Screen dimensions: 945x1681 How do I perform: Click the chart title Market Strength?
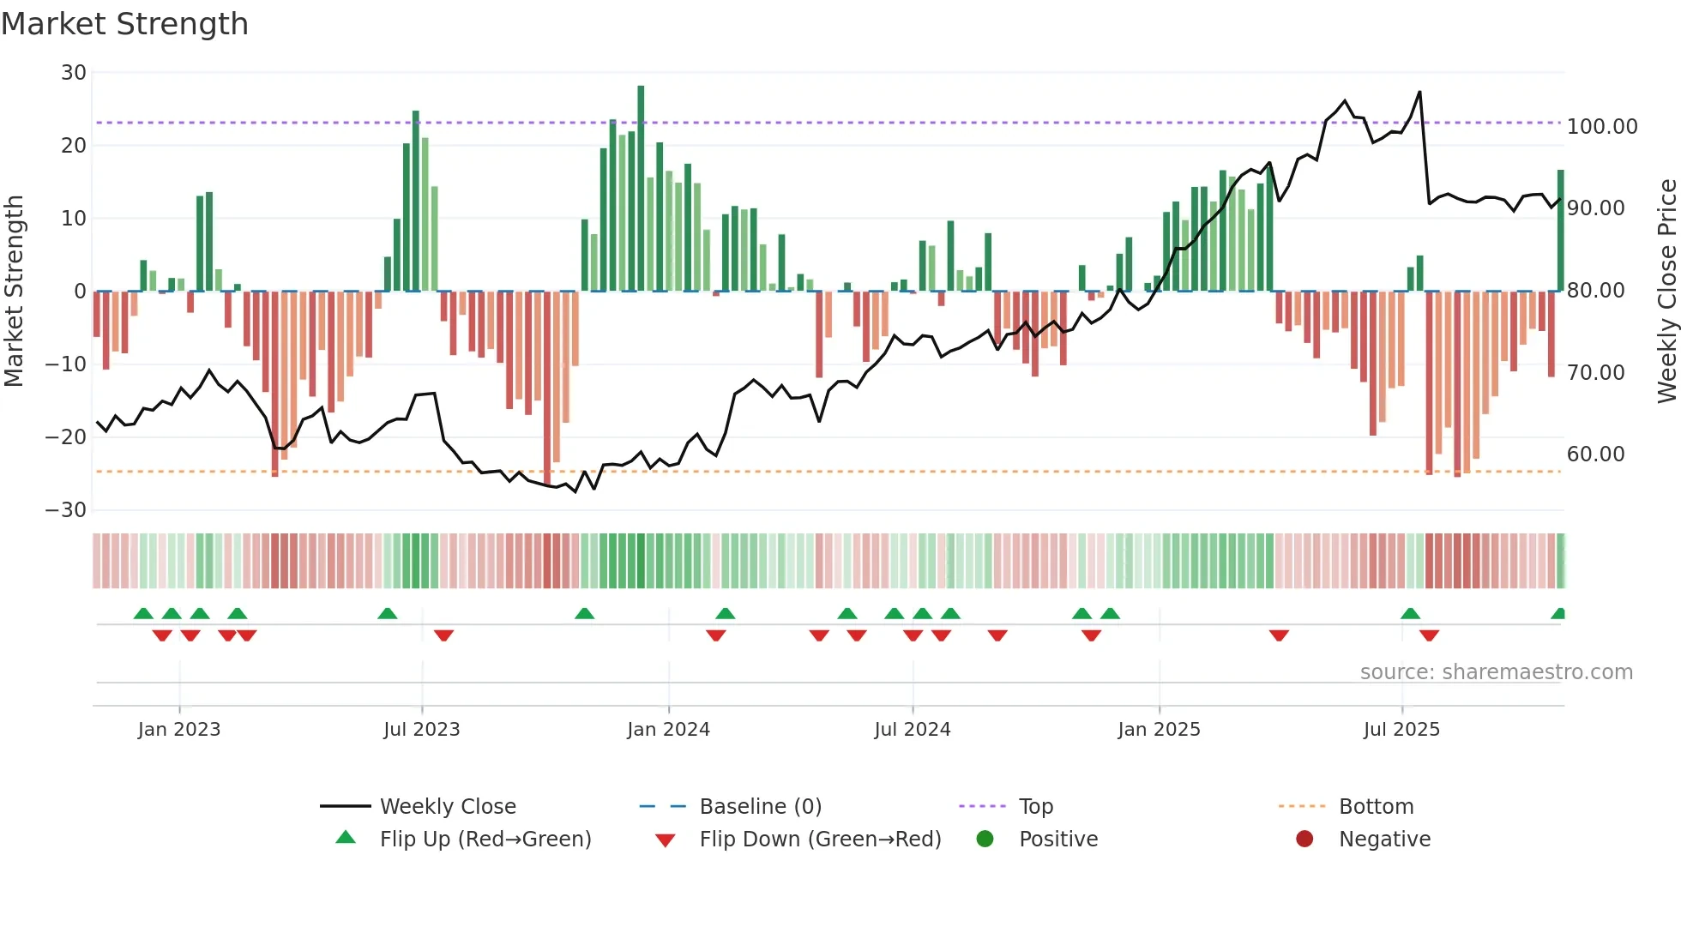click(x=124, y=24)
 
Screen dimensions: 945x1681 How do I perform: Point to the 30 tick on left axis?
click(x=74, y=73)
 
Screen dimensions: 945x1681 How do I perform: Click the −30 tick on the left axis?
click(x=67, y=510)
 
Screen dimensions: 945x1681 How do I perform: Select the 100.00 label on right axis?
click(x=1601, y=127)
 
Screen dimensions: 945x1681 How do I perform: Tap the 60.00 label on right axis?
click(x=1595, y=454)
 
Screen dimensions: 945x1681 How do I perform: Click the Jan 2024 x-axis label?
click(x=668, y=730)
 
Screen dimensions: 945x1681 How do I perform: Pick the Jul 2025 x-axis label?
click(x=1401, y=730)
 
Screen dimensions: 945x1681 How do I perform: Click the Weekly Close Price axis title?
click(x=1666, y=292)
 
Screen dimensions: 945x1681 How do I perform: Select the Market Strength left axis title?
click(x=15, y=292)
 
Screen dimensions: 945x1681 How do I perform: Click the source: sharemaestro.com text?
click(x=1496, y=672)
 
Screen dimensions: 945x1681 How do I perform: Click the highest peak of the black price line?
click(x=1419, y=93)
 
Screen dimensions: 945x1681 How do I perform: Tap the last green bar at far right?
click(x=1560, y=232)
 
